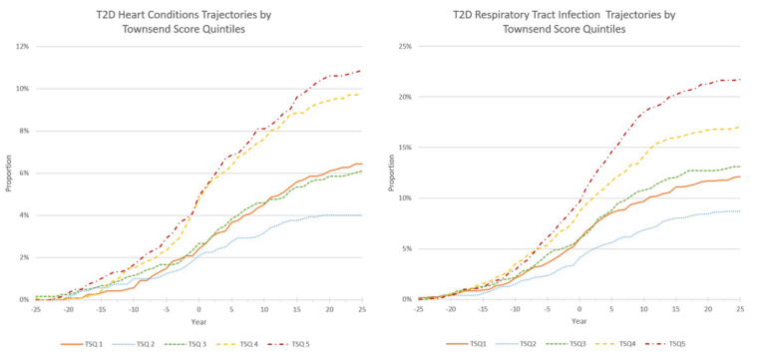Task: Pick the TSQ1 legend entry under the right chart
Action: click(x=467, y=344)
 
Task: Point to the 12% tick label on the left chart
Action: click(x=22, y=47)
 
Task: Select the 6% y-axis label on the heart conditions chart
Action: click(x=24, y=174)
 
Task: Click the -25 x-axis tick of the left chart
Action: click(x=35, y=309)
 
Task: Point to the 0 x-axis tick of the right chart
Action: click(x=579, y=309)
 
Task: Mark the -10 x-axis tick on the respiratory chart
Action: click(x=515, y=309)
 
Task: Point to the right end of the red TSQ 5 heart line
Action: click(x=362, y=71)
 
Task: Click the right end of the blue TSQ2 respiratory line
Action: click(x=740, y=210)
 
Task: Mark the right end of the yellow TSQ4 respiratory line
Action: click(x=740, y=127)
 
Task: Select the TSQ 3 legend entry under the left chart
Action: click(x=213, y=344)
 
